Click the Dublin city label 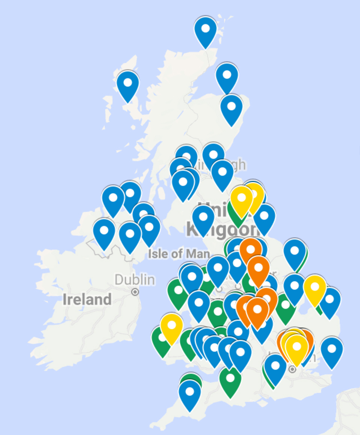[x=135, y=280]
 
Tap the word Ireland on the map [x=87, y=300]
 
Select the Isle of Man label [x=178, y=253]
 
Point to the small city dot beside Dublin [x=135, y=292]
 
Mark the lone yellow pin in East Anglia [x=315, y=289]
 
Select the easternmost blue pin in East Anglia [x=330, y=302]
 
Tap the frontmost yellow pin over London [x=296, y=349]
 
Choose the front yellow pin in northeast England [x=242, y=200]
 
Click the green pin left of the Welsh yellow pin [x=160, y=340]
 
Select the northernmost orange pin [x=251, y=251]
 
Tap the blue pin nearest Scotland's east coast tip [x=231, y=108]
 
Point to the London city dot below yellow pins [x=293, y=370]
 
